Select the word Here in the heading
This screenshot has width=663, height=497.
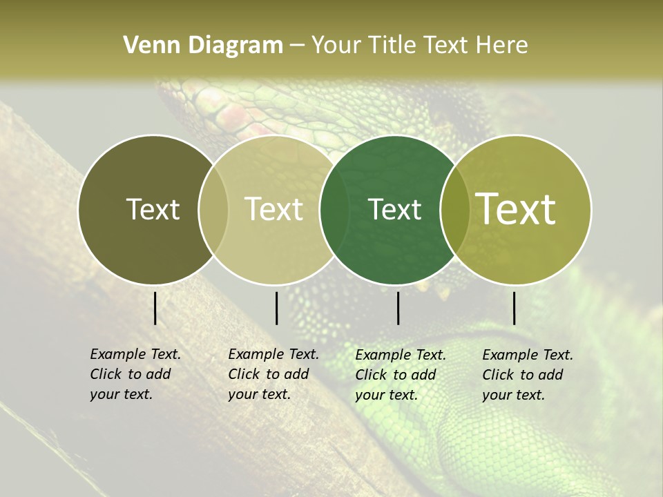click(x=501, y=46)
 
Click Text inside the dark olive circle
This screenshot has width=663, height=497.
click(x=153, y=209)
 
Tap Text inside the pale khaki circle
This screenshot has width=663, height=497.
click(x=273, y=209)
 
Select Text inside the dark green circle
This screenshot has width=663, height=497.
click(x=394, y=209)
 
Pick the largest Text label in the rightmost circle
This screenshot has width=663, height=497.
click(x=516, y=209)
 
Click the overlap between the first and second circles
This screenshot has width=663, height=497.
click(x=213, y=209)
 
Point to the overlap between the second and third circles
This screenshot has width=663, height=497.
click(x=334, y=209)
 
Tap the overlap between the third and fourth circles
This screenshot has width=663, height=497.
click(x=455, y=209)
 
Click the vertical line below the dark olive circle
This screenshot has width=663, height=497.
click(x=155, y=308)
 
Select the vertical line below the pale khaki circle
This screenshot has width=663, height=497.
click(x=276, y=308)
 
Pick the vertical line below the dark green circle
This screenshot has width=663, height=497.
click(x=398, y=308)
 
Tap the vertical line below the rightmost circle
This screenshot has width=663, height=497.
click(x=514, y=308)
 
